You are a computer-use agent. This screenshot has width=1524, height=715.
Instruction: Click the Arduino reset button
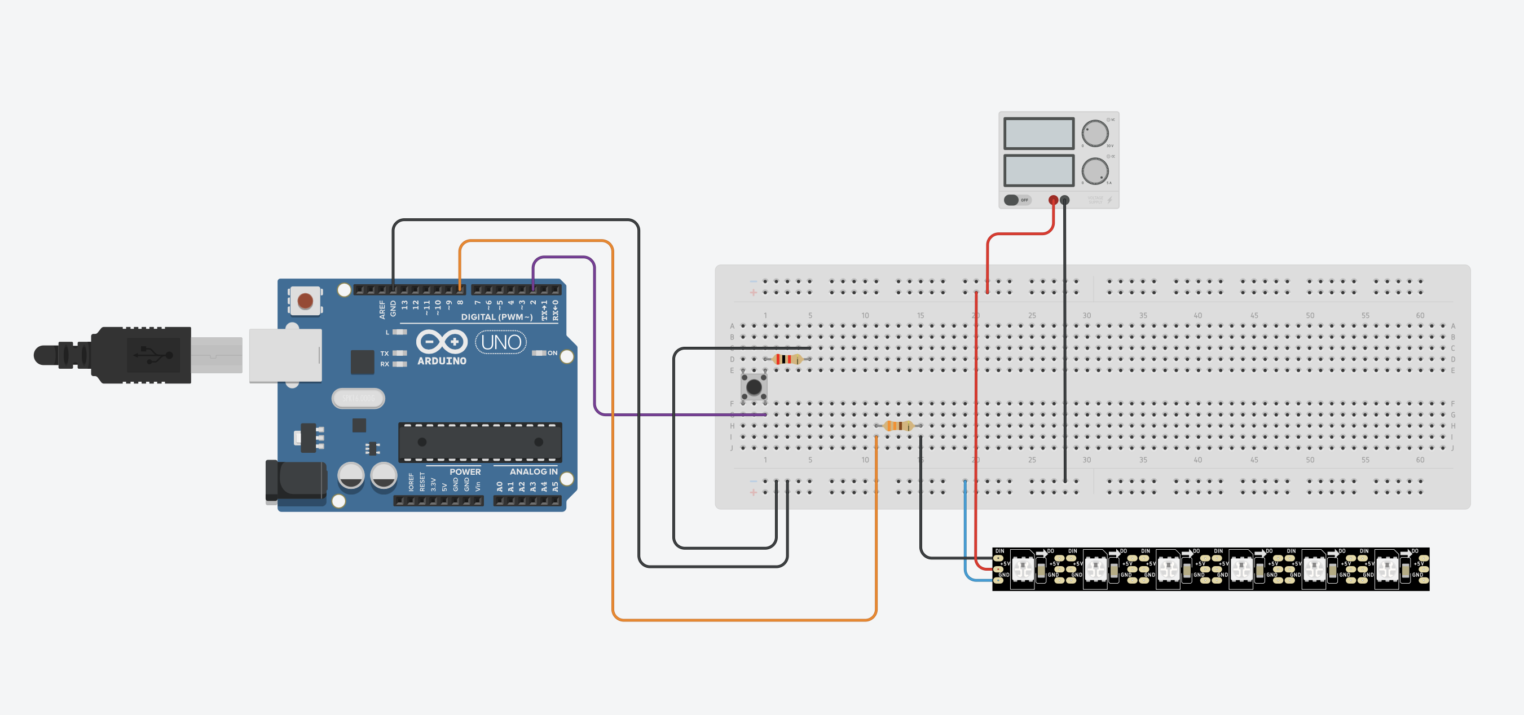[x=305, y=301]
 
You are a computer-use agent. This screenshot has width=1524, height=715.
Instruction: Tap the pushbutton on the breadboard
[x=754, y=387]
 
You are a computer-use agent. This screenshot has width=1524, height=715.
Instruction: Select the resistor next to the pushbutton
[x=787, y=359]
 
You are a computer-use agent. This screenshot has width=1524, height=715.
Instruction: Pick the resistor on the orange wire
[x=898, y=426]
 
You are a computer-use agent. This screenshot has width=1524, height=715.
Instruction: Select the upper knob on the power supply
[x=1094, y=133]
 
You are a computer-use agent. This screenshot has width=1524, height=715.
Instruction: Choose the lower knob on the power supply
[x=1094, y=171]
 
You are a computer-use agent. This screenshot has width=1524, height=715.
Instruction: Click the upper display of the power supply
[x=1039, y=133]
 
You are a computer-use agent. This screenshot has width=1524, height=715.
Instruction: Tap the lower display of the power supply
[x=1039, y=170]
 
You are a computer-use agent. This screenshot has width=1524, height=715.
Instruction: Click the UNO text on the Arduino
[x=500, y=342]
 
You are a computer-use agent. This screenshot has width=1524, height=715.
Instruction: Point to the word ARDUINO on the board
[x=441, y=361]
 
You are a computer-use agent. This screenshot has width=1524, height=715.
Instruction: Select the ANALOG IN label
[x=533, y=471]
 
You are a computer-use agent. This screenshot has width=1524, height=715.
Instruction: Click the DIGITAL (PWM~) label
[x=496, y=317]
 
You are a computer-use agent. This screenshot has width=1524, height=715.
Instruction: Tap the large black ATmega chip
[x=480, y=442]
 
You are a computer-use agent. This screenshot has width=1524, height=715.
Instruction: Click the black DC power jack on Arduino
[x=296, y=482]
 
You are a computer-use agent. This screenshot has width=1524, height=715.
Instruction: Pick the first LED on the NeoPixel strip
[x=1023, y=569]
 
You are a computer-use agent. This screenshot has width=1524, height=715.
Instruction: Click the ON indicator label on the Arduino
[x=552, y=353]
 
